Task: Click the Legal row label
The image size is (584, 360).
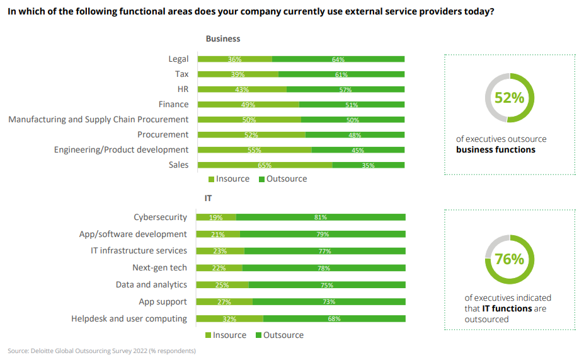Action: (x=178, y=59)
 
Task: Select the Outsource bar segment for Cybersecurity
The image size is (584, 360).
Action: (x=321, y=218)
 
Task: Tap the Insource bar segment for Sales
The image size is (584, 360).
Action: (x=265, y=165)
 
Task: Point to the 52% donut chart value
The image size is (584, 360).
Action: (x=509, y=98)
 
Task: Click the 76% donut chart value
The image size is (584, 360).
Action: (x=509, y=259)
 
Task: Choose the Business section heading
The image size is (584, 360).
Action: (x=223, y=38)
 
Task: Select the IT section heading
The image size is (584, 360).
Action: (x=208, y=198)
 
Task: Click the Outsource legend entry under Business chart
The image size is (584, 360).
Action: (x=283, y=179)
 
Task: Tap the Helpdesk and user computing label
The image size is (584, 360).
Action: (x=129, y=318)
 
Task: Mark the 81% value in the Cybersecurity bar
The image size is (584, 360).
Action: (x=321, y=218)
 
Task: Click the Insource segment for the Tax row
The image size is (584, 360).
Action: (x=238, y=74)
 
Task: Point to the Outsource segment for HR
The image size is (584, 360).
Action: (x=345, y=90)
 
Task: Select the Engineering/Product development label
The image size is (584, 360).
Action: (x=121, y=149)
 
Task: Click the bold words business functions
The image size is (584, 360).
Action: (x=495, y=150)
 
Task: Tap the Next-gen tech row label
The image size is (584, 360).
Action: (x=159, y=268)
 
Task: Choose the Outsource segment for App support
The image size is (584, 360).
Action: (x=328, y=301)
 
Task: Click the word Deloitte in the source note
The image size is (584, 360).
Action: (x=44, y=351)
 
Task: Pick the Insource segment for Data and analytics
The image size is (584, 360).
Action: (x=222, y=285)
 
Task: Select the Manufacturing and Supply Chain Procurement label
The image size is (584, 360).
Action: (x=98, y=119)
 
